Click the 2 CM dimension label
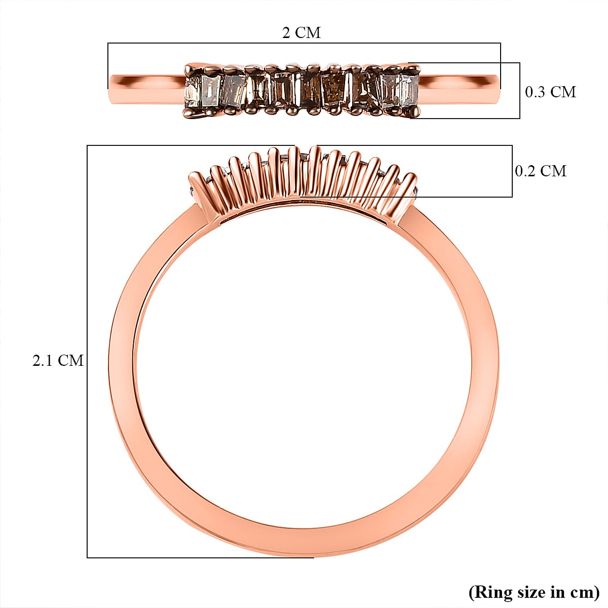pos(301,33)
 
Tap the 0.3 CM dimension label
pos(550,92)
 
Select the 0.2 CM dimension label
pos(540,171)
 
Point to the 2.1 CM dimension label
pos(58,360)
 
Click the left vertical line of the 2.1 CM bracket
pos(87,355)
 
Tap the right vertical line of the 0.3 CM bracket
pos(520,91)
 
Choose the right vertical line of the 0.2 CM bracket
pos(512,171)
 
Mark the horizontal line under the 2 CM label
pos(304,44)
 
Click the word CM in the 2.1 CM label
pos(70,360)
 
